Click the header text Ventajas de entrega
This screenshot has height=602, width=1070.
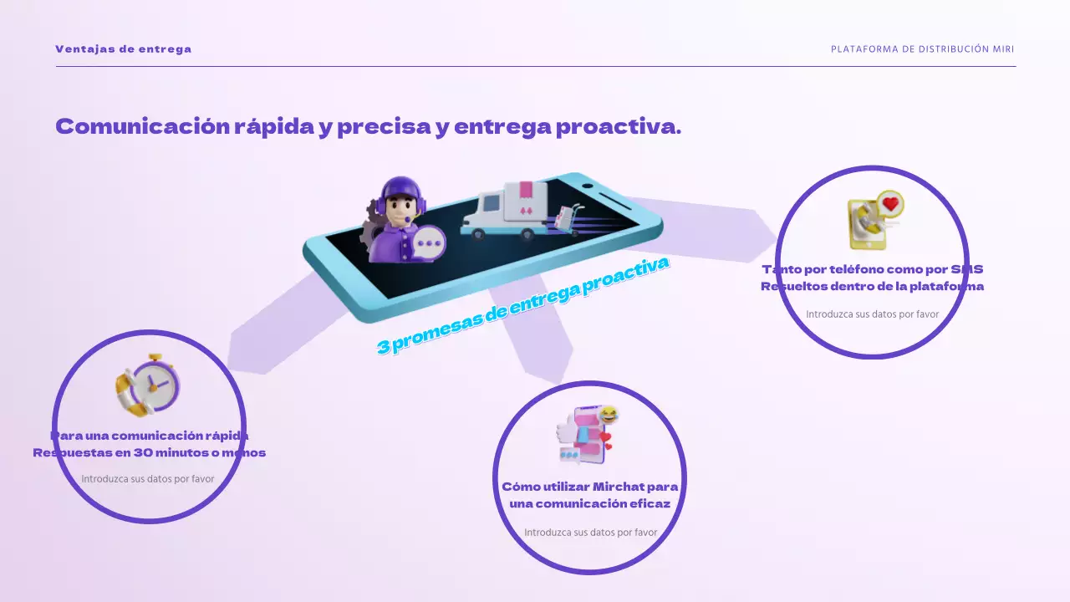[x=123, y=49]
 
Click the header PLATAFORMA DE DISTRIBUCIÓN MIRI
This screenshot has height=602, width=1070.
[x=922, y=49]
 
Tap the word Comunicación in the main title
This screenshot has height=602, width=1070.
[x=142, y=127]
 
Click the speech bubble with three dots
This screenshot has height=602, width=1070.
[x=430, y=245]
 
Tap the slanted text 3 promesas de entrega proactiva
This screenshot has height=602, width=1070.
[x=523, y=305]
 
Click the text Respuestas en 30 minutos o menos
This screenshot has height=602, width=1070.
[x=149, y=453]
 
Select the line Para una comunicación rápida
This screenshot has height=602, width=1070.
[x=149, y=436]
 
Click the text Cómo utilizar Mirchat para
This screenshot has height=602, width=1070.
[x=589, y=487]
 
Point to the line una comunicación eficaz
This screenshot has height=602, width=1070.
[x=589, y=504]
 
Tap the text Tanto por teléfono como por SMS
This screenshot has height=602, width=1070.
[x=872, y=269]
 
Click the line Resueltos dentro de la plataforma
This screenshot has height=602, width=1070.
[x=872, y=287]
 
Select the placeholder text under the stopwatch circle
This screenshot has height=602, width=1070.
[x=148, y=480]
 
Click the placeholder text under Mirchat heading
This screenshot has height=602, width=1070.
[x=590, y=533]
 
